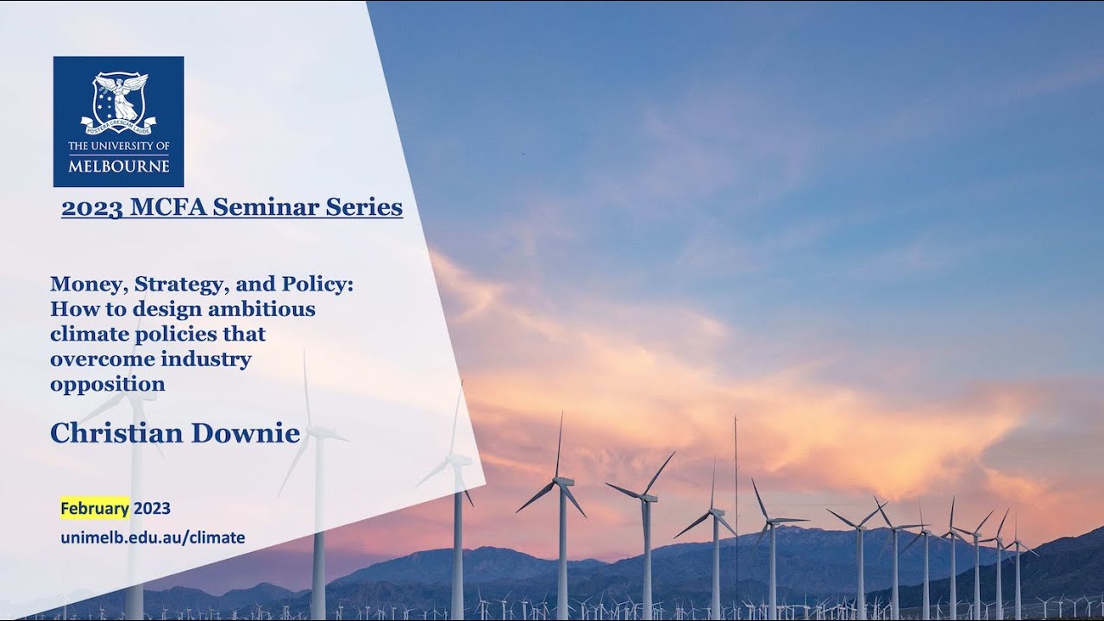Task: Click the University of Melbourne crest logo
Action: pyautogui.click(x=118, y=102)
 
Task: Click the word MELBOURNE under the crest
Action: pyautogui.click(x=118, y=166)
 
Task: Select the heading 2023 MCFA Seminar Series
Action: pyautogui.click(x=231, y=208)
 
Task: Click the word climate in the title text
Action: pyautogui.click(x=85, y=334)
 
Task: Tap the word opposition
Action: pyautogui.click(x=107, y=384)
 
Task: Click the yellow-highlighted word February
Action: pyautogui.click(x=94, y=507)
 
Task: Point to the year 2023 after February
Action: pyautogui.click(x=152, y=507)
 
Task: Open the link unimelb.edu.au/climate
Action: pyautogui.click(x=153, y=537)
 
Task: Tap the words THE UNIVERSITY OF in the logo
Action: pyautogui.click(x=118, y=147)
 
